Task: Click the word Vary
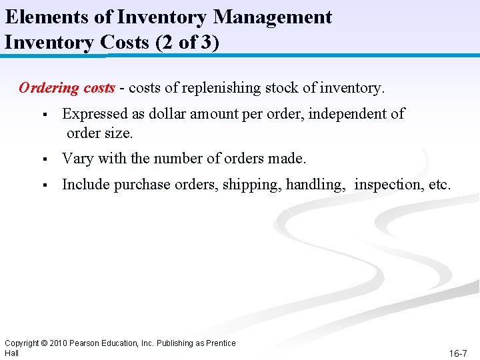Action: (77, 159)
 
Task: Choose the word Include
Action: (85, 184)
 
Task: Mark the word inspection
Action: (387, 185)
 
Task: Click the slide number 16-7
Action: (458, 353)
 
